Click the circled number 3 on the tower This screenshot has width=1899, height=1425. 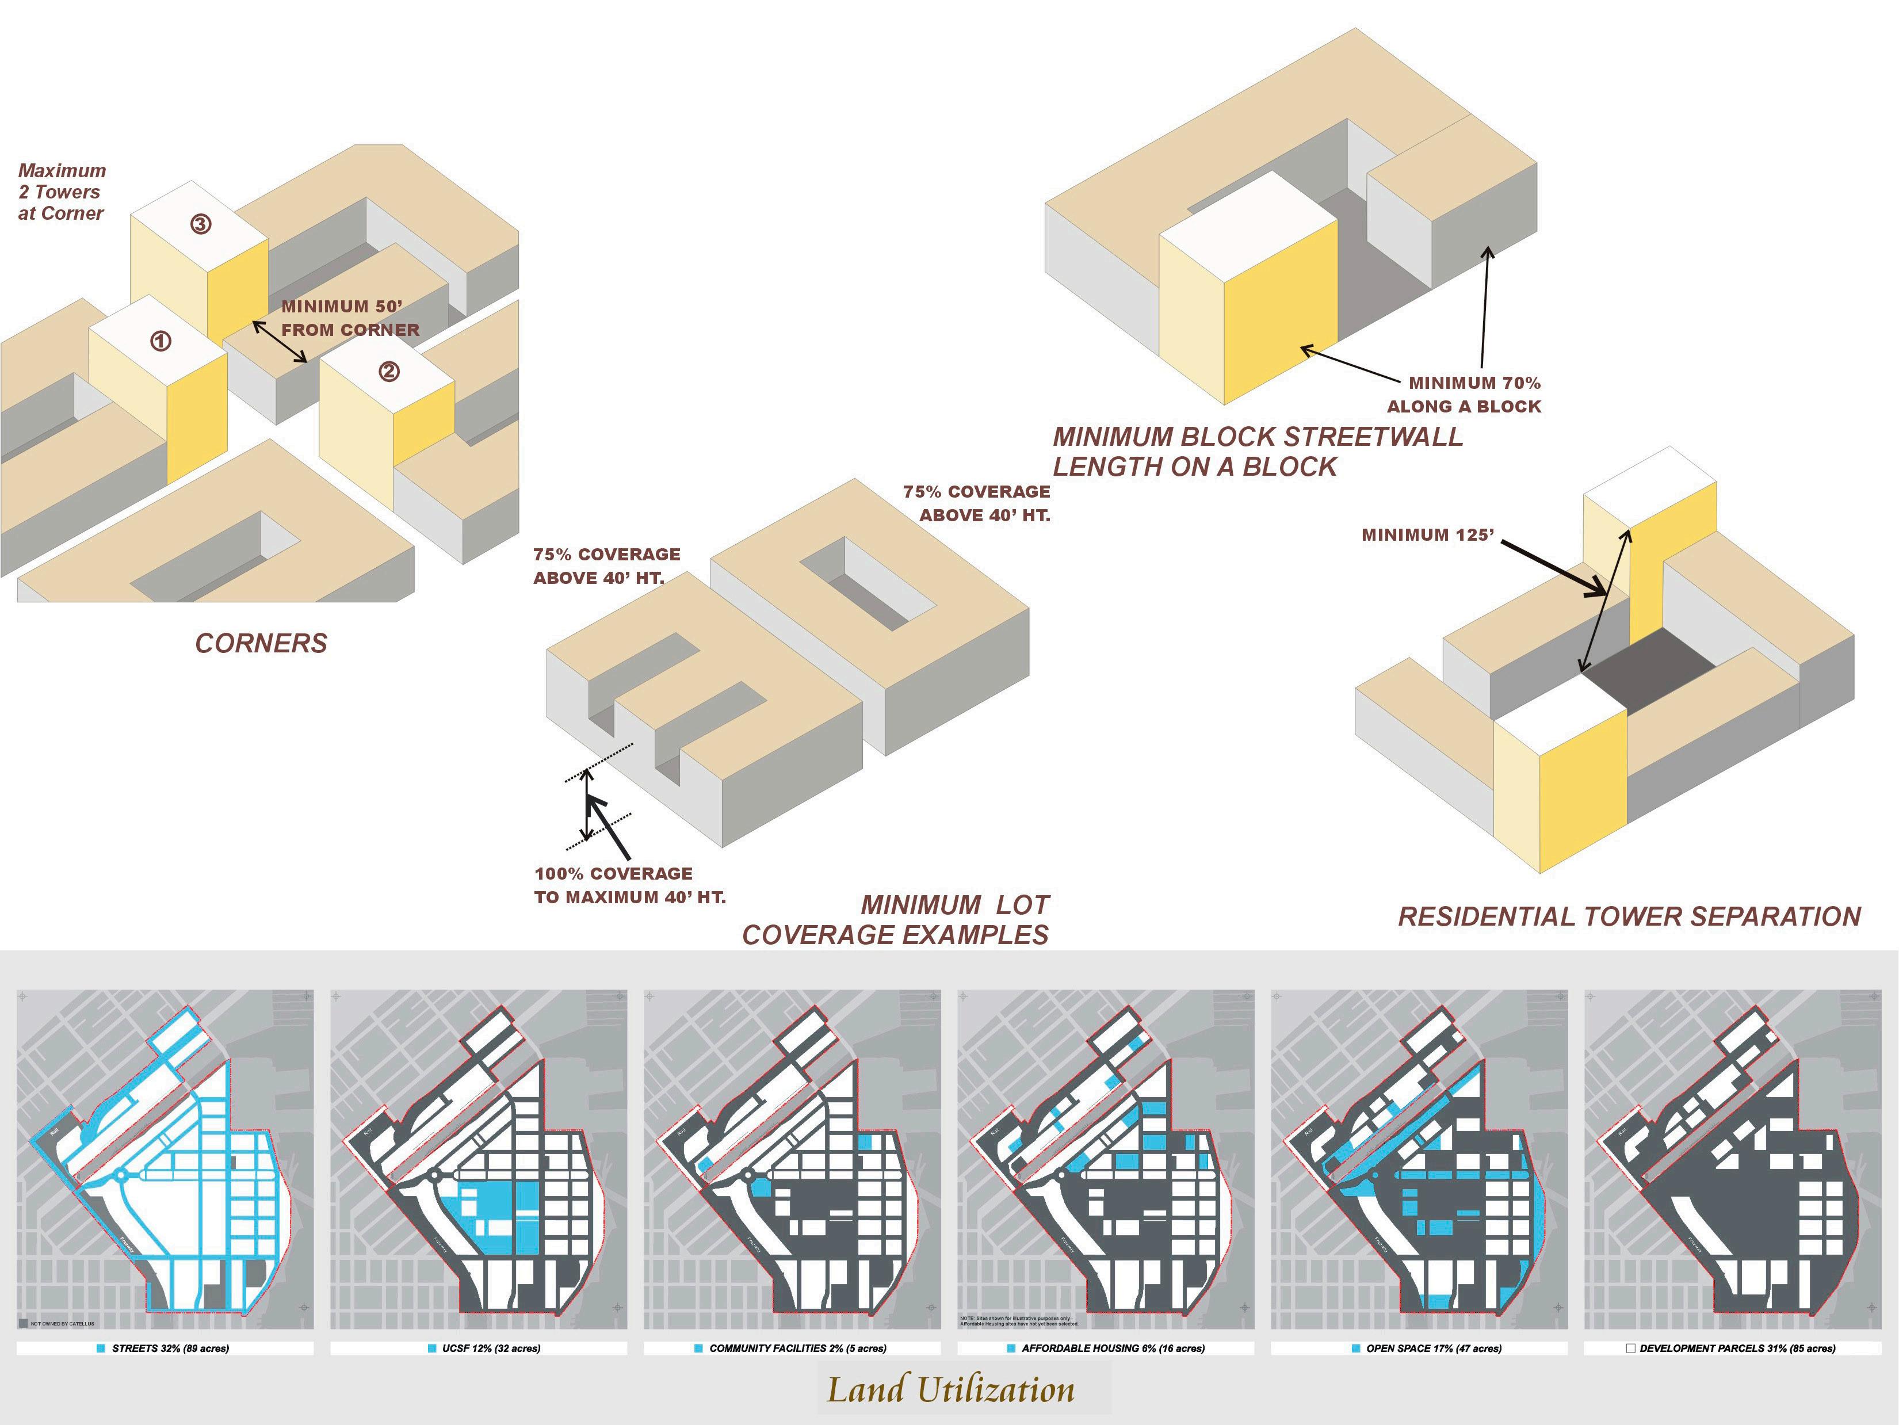(x=200, y=225)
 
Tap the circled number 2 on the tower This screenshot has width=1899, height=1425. (x=389, y=372)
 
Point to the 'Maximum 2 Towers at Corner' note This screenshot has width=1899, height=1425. (x=62, y=192)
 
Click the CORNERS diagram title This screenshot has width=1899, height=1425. (x=261, y=644)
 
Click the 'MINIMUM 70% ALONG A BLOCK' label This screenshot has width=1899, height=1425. (x=1465, y=395)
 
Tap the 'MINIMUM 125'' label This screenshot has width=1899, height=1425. (x=1428, y=535)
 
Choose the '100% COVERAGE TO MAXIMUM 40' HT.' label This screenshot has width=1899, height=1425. (x=629, y=885)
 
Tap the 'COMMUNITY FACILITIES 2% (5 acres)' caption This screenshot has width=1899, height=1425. (x=797, y=1348)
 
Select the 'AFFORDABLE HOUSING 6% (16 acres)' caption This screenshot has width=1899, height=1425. (x=1113, y=1348)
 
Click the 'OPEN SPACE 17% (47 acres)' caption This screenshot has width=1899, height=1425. (x=1434, y=1348)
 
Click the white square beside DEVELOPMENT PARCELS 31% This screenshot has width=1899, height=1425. (x=1630, y=1348)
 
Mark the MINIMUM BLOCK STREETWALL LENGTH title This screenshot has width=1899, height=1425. (x=1258, y=452)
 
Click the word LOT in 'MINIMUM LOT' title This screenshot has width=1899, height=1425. (x=1022, y=905)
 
